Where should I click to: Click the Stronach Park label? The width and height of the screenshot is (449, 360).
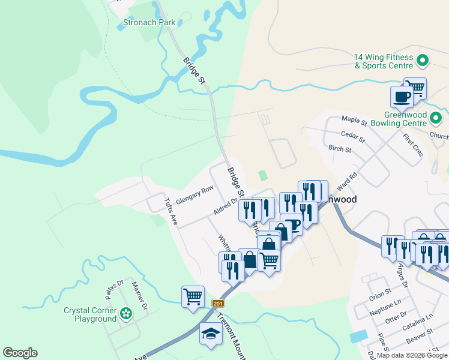coord(149,23)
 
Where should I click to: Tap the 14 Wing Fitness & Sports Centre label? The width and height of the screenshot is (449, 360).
coord(384,61)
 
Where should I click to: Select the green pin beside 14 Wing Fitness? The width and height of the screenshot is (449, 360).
coord(422,61)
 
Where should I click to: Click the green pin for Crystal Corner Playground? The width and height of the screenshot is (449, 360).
coord(125,313)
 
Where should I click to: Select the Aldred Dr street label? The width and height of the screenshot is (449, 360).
coord(226,207)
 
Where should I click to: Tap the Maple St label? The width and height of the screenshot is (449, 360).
coord(354,120)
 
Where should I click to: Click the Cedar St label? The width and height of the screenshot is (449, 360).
coord(353,136)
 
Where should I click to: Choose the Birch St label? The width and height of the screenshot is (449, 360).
coord(340,148)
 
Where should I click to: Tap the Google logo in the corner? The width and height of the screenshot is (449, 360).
coord(20,353)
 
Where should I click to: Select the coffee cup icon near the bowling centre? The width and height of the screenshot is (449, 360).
coord(402,96)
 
